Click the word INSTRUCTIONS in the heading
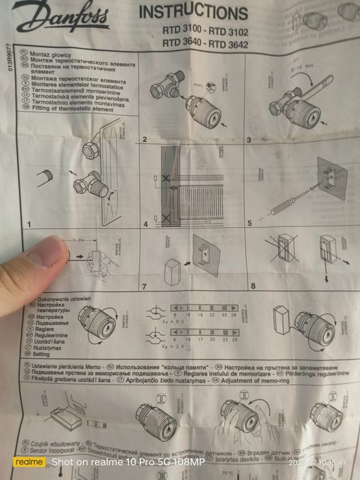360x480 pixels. pos(193,13)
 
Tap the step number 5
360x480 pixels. pos(250,223)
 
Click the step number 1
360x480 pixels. pos(29,224)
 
